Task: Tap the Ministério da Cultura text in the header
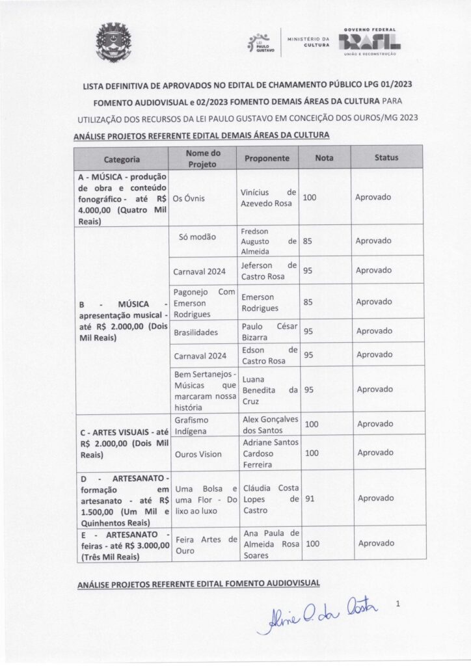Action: (309, 42)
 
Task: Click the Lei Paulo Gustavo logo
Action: (261, 44)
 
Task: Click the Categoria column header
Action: (121, 158)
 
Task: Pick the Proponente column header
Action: (267, 158)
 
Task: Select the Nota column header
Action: (324, 157)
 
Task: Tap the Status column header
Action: (386, 157)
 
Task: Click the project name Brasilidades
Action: (196, 331)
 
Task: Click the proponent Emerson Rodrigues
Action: (260, 302)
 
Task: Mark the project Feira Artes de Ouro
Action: (204, 544)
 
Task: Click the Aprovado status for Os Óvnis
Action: (374, 198)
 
